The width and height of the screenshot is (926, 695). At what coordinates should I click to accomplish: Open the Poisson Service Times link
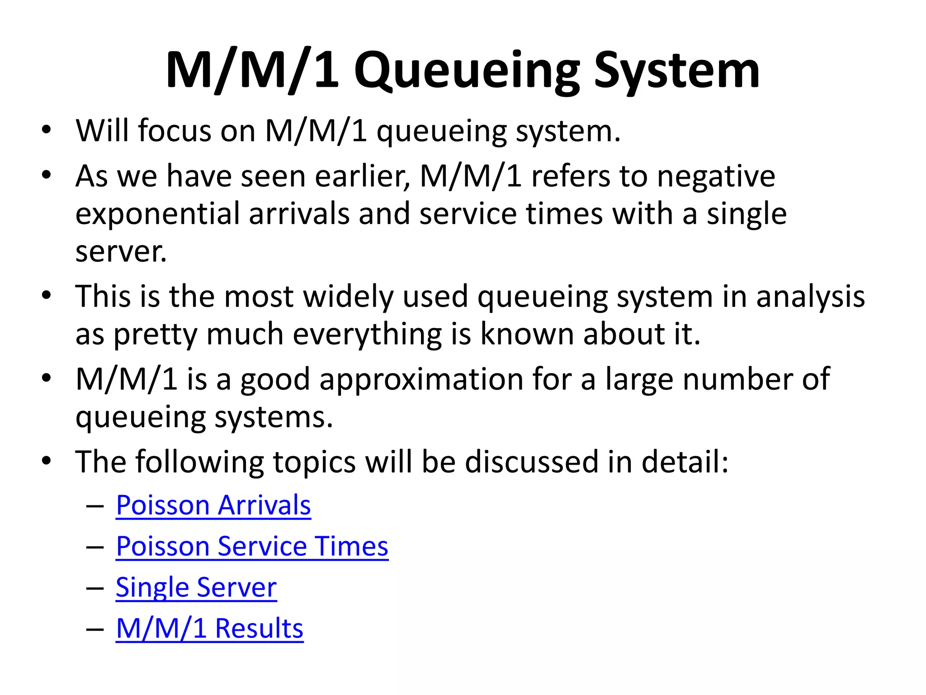(252, 546)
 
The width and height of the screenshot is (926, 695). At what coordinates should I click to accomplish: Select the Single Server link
(196, 587)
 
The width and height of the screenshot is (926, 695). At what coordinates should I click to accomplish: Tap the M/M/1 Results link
(209, 628)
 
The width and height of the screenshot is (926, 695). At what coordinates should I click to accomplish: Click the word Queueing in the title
(467, 71)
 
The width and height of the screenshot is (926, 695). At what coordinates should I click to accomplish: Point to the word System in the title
(676, 71)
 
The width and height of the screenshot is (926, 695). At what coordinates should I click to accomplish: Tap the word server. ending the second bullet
(121, 252)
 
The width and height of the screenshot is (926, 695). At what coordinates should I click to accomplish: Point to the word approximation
(421, 379)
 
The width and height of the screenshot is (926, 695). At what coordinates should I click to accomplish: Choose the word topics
(314, 462)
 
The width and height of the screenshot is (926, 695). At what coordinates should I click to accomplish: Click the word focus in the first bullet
(175, 131)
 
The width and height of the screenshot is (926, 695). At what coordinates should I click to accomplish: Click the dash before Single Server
(94, 588)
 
